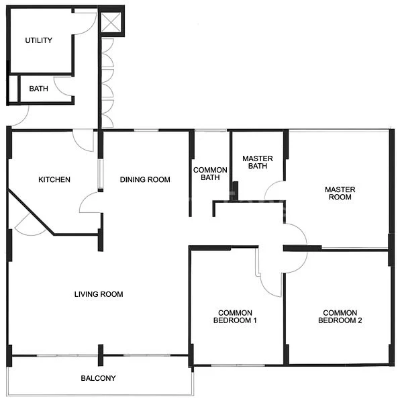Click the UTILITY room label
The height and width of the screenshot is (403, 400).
pyautogui.click(x=38, y=41)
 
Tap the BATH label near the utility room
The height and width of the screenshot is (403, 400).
pyautogui.click(x=38, y=89)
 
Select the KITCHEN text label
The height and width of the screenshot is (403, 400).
pyautogui.click(x=54, y=180)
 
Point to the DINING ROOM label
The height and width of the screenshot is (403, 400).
pyautogui.click(x=145, y=180)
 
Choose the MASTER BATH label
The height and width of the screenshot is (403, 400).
pyautogui.click(x=258, y=163)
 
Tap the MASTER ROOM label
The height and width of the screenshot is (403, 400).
pyautogui.click(x=340, y=194)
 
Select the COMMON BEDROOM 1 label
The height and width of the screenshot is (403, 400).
pyautogui.click(x=236, y=317)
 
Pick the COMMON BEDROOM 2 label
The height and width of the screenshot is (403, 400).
pyautogui.click(x=340, y=317)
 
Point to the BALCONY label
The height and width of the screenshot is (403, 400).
pyautogui.click(x=98, y=379)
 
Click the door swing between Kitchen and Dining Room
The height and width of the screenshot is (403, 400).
pyautogui.click(x=90, y=203)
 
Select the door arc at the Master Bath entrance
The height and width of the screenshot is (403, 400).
pyautogui.click(x=275, y=191)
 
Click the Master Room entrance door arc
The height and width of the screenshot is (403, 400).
pyautogui.click(x=295, y=235)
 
